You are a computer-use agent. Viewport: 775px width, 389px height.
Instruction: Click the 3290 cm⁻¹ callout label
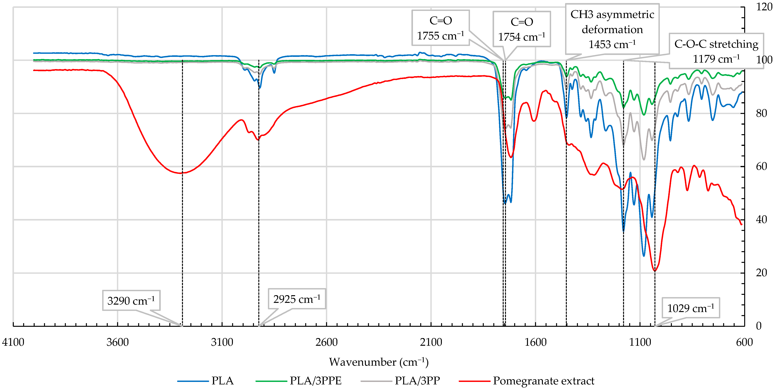click(131, 301)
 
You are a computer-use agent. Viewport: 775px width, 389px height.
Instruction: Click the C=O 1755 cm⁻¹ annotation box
click(441, 28)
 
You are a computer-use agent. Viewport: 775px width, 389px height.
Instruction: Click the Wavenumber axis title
click(379, 362)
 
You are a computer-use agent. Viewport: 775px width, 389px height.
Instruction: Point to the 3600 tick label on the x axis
click(117, 342)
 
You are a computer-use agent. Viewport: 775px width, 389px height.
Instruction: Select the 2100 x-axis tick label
click(431, 342)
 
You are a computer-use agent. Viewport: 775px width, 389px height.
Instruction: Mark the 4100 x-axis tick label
click(13, 342)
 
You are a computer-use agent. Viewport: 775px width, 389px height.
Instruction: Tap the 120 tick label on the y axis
click(764, 7)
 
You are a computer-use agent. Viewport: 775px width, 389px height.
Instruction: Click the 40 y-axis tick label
click(761, 220)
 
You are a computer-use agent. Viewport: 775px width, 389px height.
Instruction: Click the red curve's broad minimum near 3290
click(180, 173)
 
